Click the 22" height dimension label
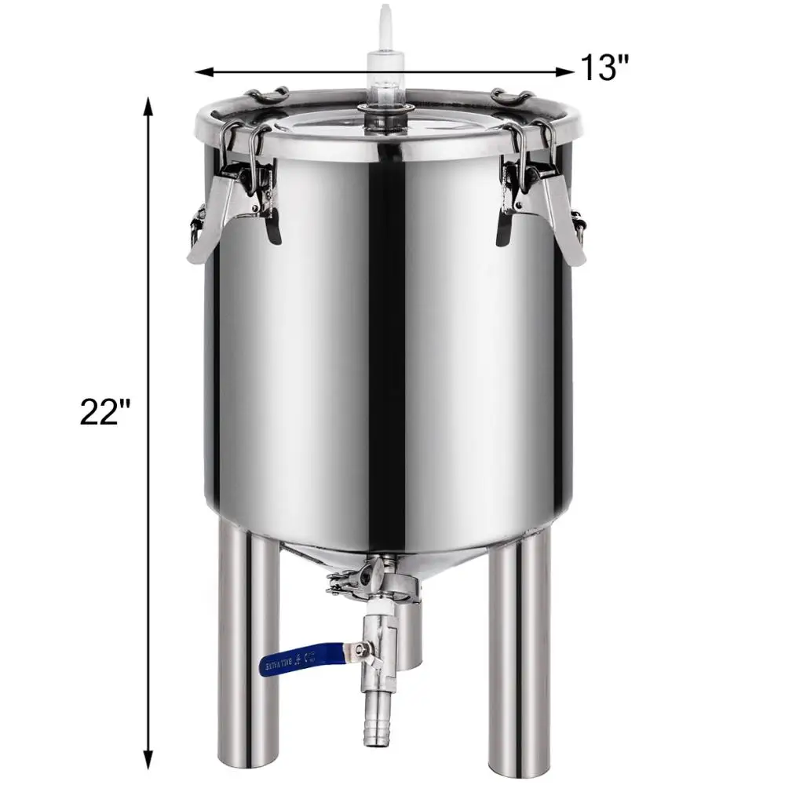tap(104, 411)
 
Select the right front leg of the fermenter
tap(519, 659)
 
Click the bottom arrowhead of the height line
tap(147, 761)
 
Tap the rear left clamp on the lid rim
tap(267, 96)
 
